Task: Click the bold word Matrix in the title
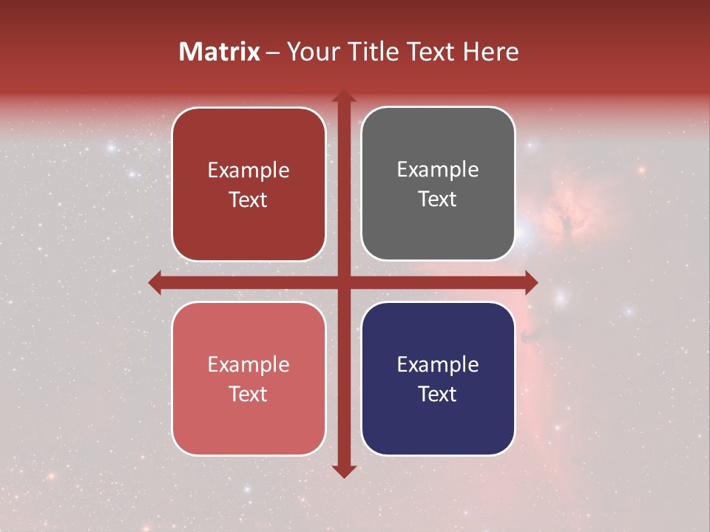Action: click(220, 52)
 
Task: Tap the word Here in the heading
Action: click(491, 52)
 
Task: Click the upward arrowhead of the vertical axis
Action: click(343, 96)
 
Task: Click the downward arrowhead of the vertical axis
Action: click(343, 471)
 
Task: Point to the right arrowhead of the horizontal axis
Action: click(530, 282)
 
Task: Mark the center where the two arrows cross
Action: click(343, 282)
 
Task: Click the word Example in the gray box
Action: click(438, 170)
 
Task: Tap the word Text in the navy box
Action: click(438, 394)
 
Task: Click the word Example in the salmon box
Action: click(248, 364)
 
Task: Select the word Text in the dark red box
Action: click(248, 199)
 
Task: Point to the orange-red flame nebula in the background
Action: click(566, 214)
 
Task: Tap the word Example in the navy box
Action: click(438, 364)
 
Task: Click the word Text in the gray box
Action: click(438, 199)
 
